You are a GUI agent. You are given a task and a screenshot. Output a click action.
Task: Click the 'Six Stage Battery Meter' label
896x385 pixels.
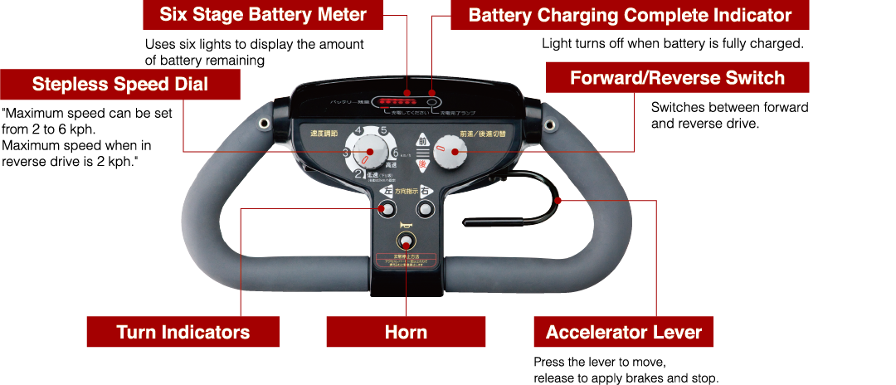pyautogui.click(x=263, y=15)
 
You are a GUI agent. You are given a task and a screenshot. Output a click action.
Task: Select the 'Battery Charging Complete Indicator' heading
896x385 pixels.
pyautogui.click(x=630, y=15)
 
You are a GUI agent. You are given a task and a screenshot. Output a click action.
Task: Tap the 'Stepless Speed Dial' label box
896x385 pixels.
pyautogui.click(x=120, y=84)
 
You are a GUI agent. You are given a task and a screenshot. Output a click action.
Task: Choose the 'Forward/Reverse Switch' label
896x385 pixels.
pyautogui.click(x=677, y=78)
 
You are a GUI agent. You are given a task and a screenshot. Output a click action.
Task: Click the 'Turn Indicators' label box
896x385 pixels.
pyautogui.click(x=183, y=332)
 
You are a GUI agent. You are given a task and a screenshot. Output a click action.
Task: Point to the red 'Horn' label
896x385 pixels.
pyautogui.click(x=406, y=332)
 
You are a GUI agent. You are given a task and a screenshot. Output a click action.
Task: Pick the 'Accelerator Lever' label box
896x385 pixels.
pyautogui.click(x=623, y=332)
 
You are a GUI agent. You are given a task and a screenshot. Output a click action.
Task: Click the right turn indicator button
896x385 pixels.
pyautogui.click(x=426, y=210)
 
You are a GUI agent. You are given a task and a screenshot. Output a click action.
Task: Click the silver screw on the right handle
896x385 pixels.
pyautogui.click(x=548, y=124)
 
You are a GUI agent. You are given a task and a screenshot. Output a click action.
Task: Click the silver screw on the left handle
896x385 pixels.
pyautogui.click(x=265, y=124)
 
